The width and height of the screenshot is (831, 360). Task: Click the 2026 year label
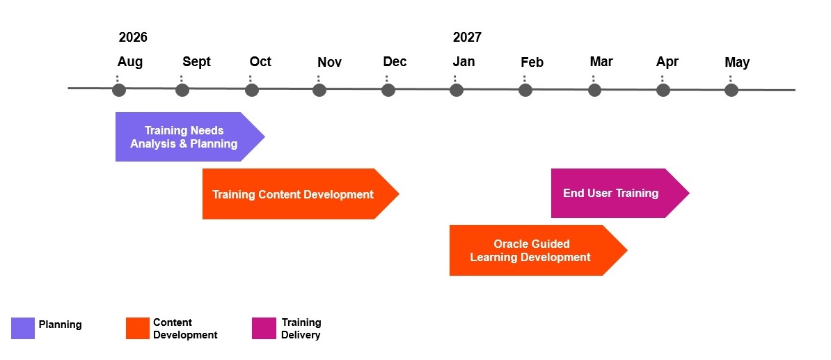click(133, 37)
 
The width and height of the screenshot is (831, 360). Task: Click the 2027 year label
click(467, 37)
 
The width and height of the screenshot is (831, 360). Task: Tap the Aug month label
click(130, 62)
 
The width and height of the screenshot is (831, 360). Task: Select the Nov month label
click(330, 63)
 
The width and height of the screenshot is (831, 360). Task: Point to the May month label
click(737, 63)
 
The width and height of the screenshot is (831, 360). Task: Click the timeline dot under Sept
click(182, 90)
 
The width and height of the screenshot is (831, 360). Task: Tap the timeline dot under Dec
click(388, 90)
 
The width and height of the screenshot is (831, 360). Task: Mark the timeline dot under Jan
click(457, 90)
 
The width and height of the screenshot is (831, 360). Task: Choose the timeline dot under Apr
click(663, 90)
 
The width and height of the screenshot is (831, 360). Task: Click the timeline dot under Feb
click(525, 90)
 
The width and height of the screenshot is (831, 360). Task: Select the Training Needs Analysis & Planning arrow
click(190, 136)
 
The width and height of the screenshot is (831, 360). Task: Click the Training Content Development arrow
click(301, 194)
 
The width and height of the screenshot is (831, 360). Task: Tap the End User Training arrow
click(620, 193)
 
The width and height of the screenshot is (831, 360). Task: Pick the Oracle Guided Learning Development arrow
click(539, 250)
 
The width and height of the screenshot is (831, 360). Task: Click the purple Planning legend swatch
click(23, 328)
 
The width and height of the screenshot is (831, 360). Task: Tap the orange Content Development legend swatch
click(138, 328)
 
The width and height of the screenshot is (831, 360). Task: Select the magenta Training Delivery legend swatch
click(264, 328)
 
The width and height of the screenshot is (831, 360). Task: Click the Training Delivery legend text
click(301, 329)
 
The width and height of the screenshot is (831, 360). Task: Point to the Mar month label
click(601, 62)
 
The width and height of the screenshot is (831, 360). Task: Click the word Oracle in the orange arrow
click(512, 244)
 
